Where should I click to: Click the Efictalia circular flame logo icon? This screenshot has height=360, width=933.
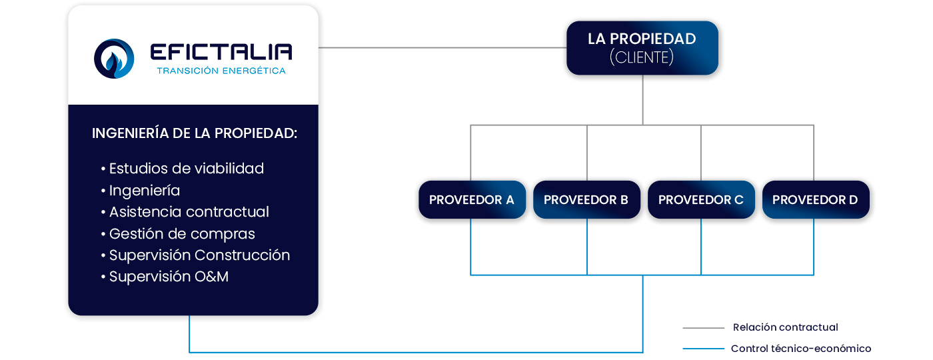(x=114, y=59)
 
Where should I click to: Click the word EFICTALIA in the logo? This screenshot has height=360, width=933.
(x=221, y=52)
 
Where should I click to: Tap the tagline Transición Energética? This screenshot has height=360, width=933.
(x=221, y=71)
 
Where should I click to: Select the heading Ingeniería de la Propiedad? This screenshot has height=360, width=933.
(x=194, y=133)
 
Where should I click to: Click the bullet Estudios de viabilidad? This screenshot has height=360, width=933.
(x=186, y=169)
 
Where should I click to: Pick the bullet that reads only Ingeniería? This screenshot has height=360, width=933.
(x=144, y=191)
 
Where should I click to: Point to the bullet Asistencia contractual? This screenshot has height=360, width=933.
(x=189, y=212)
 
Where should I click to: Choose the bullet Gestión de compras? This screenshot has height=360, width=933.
(x=181, y=234)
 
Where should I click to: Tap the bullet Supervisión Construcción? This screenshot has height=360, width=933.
(x=199, y=255)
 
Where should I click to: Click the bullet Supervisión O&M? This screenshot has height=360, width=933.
(x=169, y=277)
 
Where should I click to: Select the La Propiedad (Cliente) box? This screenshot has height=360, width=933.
(x=642, y=48)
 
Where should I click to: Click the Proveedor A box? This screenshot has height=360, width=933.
(x=472, y=200)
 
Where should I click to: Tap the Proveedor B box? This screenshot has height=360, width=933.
(x=586, y=200)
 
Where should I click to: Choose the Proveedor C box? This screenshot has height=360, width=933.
(x=701, y=200)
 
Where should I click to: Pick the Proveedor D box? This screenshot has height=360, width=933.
(x=815, y=200)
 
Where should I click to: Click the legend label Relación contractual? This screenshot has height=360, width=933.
(x=785, y=327)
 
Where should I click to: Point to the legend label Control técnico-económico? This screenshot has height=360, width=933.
(x=800, y=349)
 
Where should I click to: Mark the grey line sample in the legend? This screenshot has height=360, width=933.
(x=703, y=328)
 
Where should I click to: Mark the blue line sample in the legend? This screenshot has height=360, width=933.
(x=703, y=349)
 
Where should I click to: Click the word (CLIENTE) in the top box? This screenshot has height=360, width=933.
(x=642, y=58)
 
